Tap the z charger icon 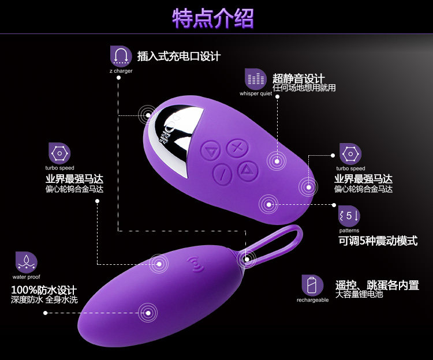[x=121, y=55]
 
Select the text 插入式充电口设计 [x=179, y=56]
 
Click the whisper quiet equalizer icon [x=256, y=78]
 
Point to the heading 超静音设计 [x=298, y=78]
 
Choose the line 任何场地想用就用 [x=304, y=88]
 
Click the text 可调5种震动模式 [x=378, y=241]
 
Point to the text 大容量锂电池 [x=359, y=294]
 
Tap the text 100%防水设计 [x=44, y=289]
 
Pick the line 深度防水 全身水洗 [x=44, y=300]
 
